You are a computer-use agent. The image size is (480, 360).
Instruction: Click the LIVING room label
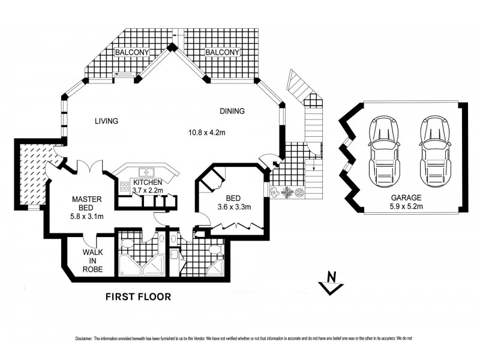coord(106,121)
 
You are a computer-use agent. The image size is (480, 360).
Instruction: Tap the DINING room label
coord(232,110)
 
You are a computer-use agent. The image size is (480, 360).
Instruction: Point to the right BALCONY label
coord(223,53)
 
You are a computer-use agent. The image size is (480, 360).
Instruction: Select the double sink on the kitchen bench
coord(146,171)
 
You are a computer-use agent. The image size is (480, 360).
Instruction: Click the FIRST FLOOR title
coord(138,296)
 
